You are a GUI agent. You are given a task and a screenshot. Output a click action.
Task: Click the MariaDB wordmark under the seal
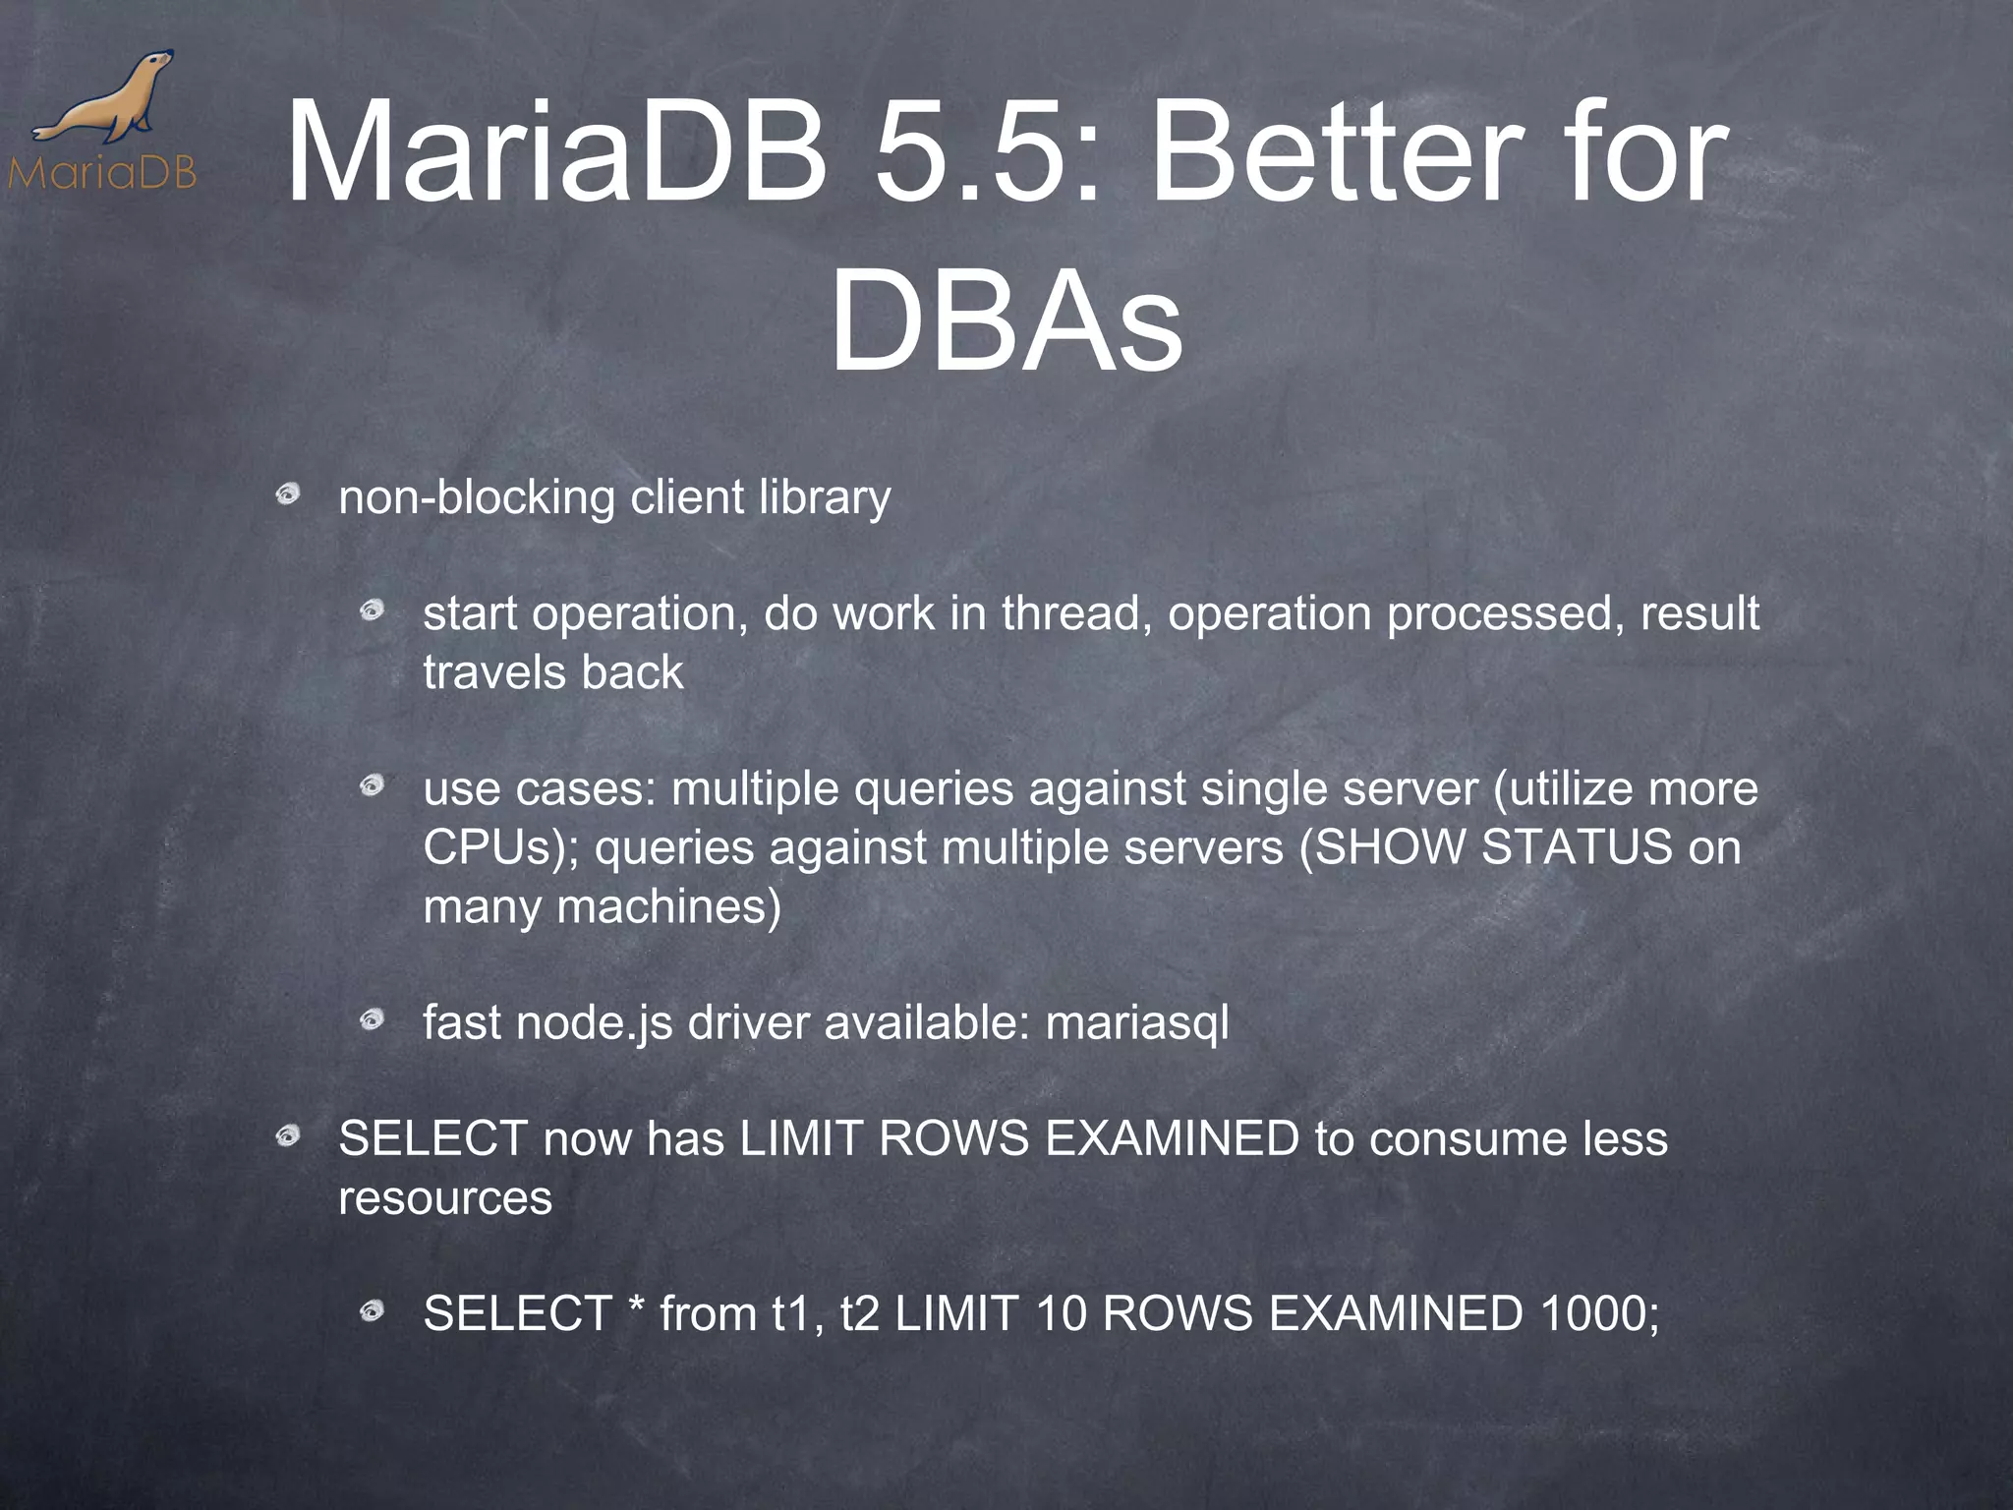(102, 174)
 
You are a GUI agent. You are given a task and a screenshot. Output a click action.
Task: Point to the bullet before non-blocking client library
(288, 495)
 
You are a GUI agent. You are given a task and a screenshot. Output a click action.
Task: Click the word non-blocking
(476, 497)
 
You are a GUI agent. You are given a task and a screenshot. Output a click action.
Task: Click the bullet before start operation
(373, 612)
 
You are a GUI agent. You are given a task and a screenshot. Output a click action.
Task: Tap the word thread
(1076, 613)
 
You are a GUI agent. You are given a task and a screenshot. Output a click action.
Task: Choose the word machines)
(668, 906)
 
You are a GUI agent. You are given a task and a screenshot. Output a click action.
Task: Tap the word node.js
(594, 1022)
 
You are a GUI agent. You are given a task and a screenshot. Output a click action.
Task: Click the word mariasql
(1137, 1022)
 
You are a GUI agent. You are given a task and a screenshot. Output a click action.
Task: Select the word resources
(445, 1197)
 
